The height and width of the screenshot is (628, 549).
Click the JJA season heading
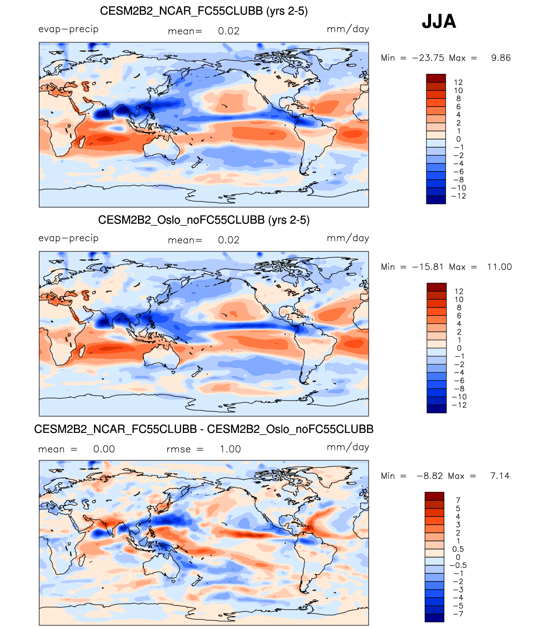tap(439, 21)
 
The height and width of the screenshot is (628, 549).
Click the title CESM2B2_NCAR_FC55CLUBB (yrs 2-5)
tap(204, 11)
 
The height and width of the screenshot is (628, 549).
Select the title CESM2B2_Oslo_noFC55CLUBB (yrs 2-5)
tap(204, 220)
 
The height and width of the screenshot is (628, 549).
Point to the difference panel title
tap(204, 429)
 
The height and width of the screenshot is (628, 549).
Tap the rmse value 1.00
tap(230, 449)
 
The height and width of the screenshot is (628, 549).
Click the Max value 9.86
tap(501, 58)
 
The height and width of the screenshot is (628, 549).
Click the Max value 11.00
tap(499, 267)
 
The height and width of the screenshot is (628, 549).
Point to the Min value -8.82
tap(430, 476)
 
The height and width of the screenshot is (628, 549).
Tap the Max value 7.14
tap(500, 476)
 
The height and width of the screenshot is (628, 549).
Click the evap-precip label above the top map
tap(68, 29)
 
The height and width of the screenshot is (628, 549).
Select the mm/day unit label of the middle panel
tap(348, 238)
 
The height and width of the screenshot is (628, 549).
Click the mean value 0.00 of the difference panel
tap(104, 449)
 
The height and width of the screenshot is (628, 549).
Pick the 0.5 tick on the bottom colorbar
tap(458, 549)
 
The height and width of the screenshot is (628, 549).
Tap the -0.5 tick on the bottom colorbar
tap(458, 565)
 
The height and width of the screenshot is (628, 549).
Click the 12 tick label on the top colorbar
tap(458, 82)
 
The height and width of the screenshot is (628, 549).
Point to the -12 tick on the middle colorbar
tap(459, 405)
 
